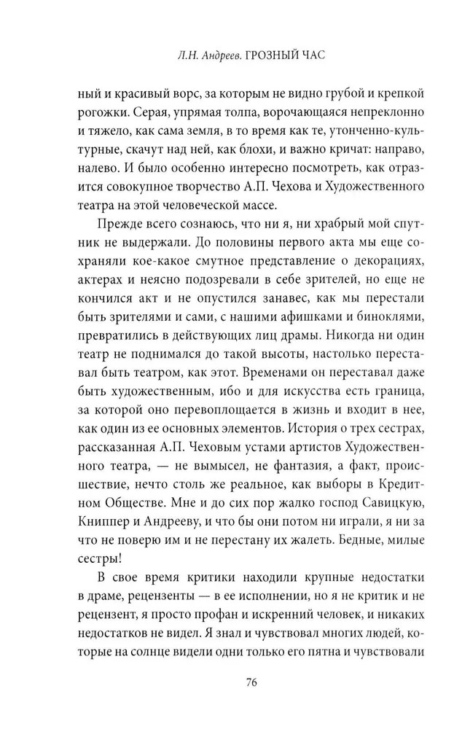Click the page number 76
[251, 683]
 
